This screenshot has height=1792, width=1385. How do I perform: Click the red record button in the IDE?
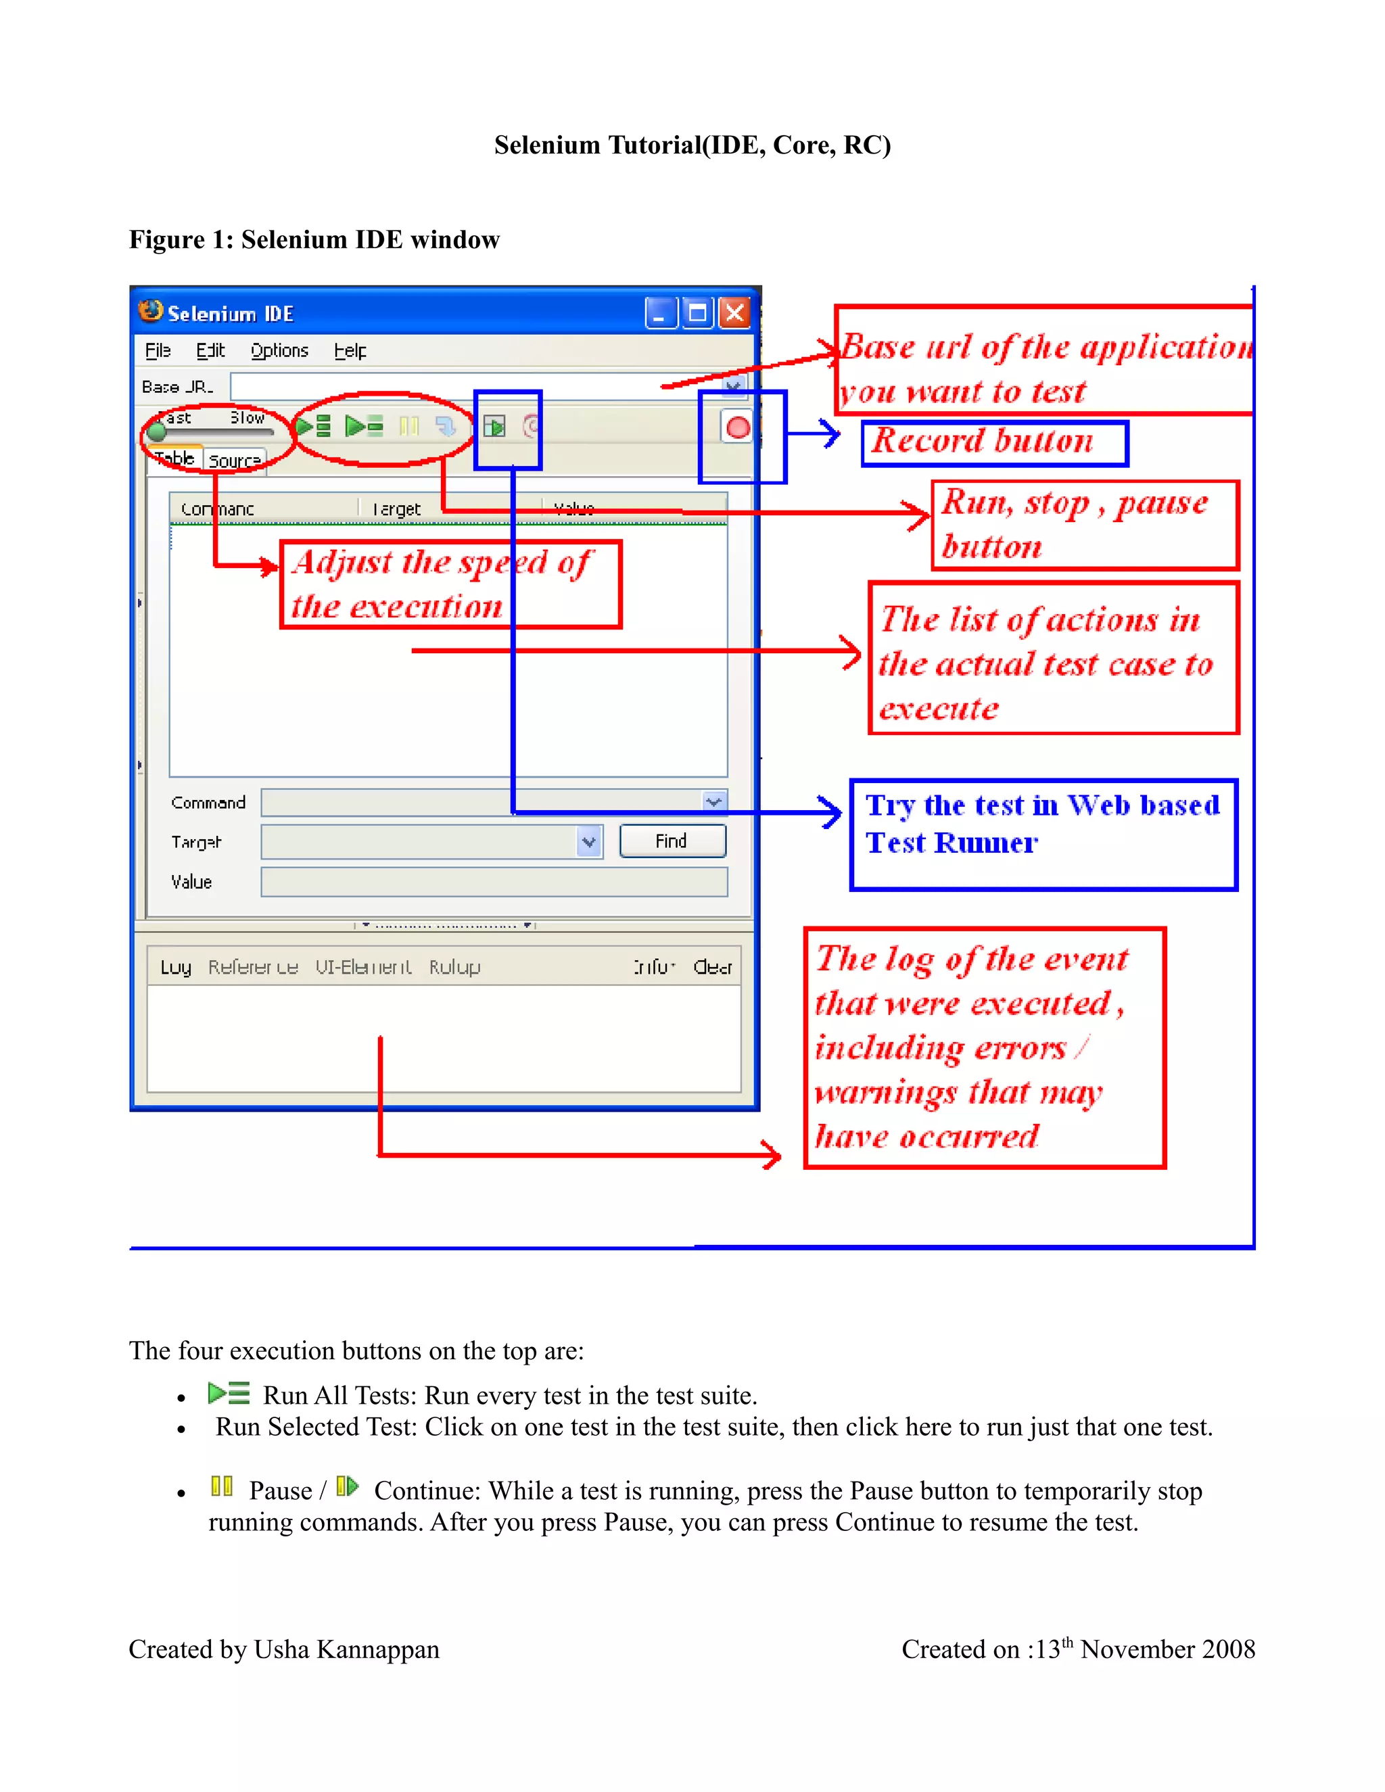click(737, 427)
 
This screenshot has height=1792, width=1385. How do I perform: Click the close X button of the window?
click(734, 312)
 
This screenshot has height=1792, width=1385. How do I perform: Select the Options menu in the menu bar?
click(279, 350)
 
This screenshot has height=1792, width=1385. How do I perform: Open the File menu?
click(158, 350)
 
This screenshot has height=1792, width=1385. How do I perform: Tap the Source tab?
click(234, 461)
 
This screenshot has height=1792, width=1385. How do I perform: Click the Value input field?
click(493, 882)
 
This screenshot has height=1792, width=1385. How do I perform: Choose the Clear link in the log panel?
click(711, 968)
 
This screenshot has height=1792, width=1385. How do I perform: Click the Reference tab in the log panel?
click(253, 968)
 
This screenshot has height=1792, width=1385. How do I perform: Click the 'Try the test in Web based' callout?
click(1042, 833)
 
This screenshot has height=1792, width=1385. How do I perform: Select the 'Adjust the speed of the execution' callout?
click(450, 584)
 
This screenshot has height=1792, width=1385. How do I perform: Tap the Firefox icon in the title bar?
click(150, 311)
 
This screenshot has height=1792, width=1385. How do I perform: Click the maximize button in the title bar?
click(697, 312)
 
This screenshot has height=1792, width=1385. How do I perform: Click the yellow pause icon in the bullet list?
click(222, 1486)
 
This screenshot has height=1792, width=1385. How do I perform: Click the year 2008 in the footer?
click(1227, 1650)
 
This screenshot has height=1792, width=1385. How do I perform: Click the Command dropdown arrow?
click(714, 801)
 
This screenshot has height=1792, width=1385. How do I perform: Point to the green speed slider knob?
click(157, 431)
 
